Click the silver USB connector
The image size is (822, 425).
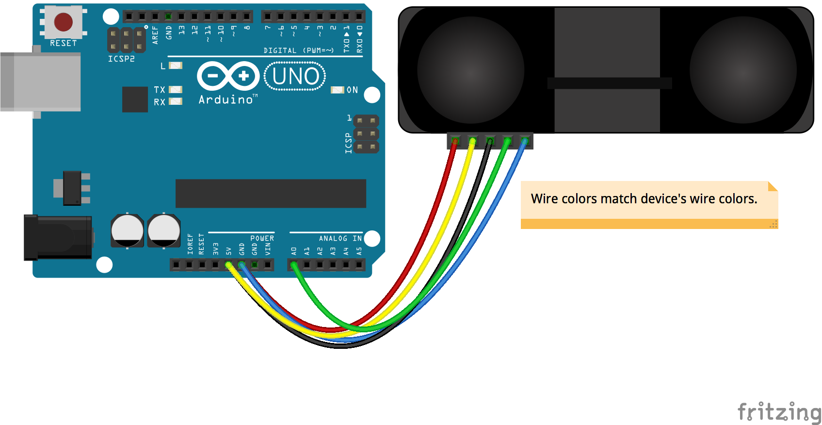(x=41, y=82)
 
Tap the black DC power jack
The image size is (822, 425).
(x=58, y=238)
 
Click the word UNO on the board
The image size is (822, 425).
(x=295, y=76)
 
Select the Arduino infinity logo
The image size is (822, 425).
(x=228, y=76)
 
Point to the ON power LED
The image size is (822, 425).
(x=337, y=90)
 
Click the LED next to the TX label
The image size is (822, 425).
(x=175, y=89)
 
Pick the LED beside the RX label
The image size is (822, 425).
(x=175, y=101)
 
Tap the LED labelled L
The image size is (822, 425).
(x=175, y=65)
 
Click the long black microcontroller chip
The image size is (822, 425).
(x=271, y=193)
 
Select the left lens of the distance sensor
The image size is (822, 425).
(x=470, y=70)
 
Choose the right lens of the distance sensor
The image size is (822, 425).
(x=743, y=70)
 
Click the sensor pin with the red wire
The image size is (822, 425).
(x=455, y=141)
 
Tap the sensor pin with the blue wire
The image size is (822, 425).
(x=524, y=141)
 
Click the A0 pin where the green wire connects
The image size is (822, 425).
(x=294, y=265)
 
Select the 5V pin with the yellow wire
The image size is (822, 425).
(x=228, y=265)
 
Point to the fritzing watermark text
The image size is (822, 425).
(x=779, y=412)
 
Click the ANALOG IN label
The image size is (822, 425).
(x=340, y=238)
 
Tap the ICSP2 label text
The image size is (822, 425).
(x=121, y=59)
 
